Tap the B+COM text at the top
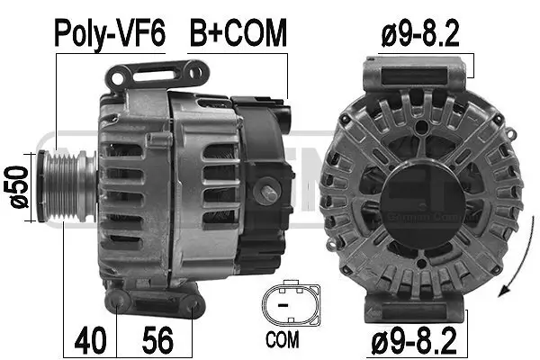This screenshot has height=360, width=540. (238, 33)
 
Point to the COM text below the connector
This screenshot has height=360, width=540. (285, 342)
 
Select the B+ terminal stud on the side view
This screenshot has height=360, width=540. (269, 193)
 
